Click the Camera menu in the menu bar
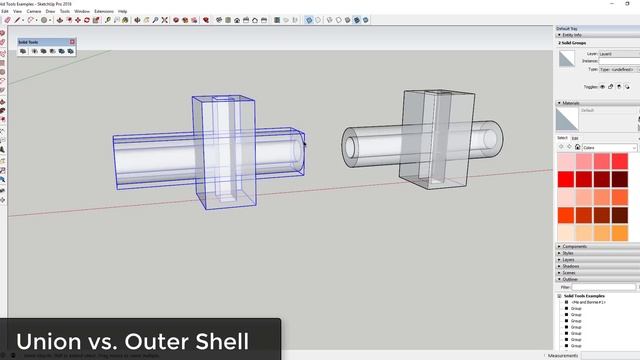click(34, 11)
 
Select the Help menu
click(123, 11)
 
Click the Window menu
click(82, 11)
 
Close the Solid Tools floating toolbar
click(72, 42)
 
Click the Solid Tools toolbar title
click(30, 42)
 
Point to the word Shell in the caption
click(217, 340)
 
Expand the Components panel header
click(575, 246)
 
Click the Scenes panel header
click(569, 273)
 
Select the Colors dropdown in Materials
click(603, 147)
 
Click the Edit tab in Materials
click(575, 138)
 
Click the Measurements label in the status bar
click(563, 355)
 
